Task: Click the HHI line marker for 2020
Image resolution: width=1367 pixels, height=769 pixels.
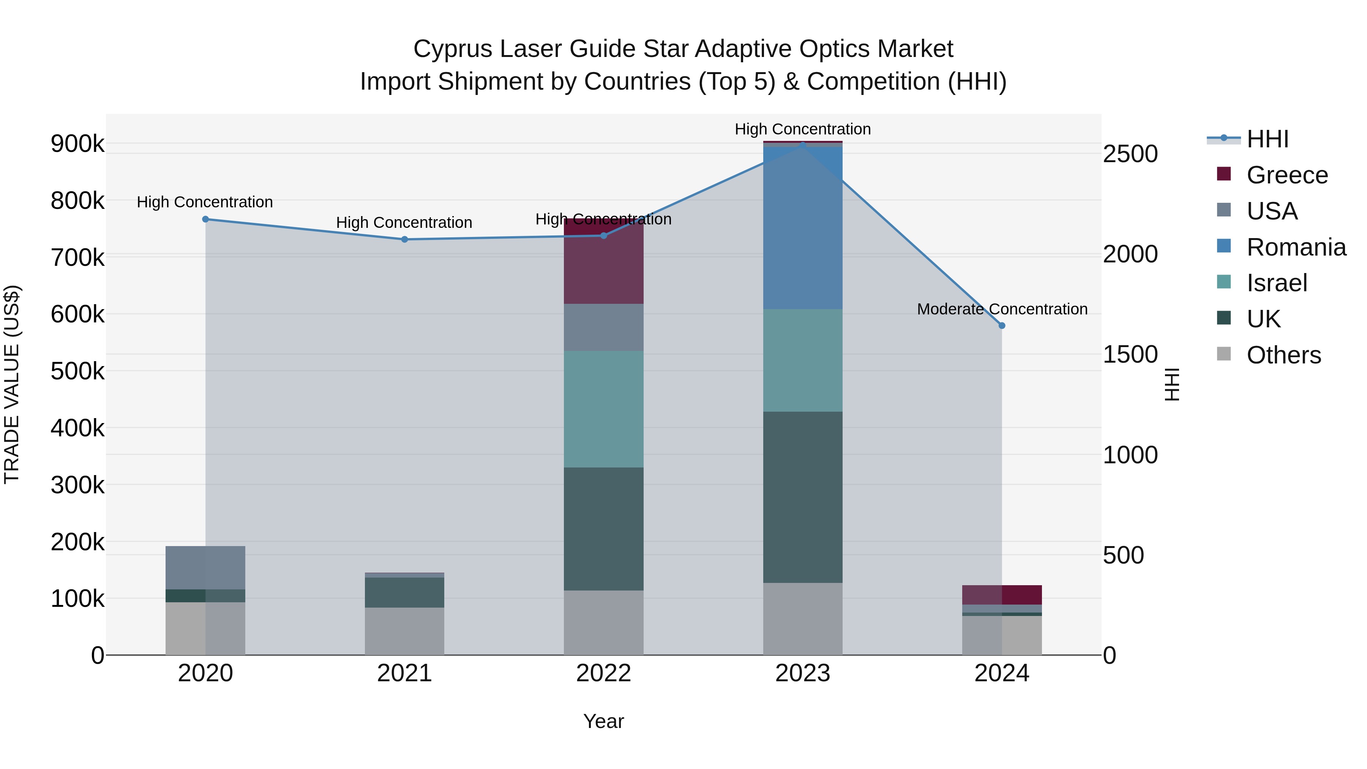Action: tap(205, 219)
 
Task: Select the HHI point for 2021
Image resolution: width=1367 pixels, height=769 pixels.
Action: tap(404, 239)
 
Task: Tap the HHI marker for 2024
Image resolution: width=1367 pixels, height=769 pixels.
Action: tap(1002, 326)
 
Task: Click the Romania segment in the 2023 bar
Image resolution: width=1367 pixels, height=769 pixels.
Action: tap(802, 228)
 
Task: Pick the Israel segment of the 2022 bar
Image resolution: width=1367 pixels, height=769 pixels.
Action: tap(603, 409)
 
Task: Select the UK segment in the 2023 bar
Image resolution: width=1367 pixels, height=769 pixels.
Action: tap(802, 497)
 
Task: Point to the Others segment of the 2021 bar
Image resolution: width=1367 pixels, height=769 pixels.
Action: tap(404, 631)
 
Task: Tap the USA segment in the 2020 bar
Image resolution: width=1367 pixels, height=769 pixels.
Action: tap(205, 567)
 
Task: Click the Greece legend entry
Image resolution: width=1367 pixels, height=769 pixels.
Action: tap(1287, 175)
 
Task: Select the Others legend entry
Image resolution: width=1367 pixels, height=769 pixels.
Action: tap(1283, 355)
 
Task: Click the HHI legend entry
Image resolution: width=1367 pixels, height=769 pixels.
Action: tap(1267, 139)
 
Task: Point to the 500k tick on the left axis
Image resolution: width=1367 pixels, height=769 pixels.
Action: tap(77, 371)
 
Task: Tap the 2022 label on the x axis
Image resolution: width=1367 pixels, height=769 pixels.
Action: tap(603, 673)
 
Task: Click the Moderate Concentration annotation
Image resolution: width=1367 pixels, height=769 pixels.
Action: tap(1002, 309)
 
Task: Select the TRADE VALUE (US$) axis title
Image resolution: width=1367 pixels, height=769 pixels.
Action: tap(12, 384)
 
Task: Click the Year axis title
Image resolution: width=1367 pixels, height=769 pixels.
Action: tap(603, 721)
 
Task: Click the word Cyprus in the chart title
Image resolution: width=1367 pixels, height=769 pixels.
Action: tap(452, 49)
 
